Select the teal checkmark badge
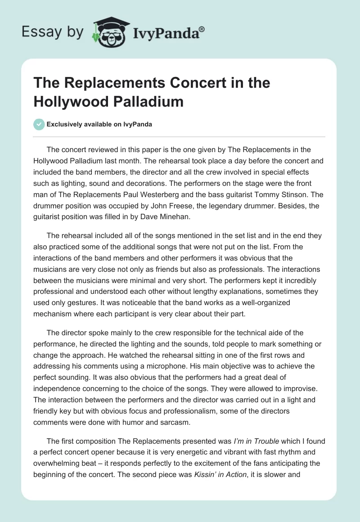[39, 124]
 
